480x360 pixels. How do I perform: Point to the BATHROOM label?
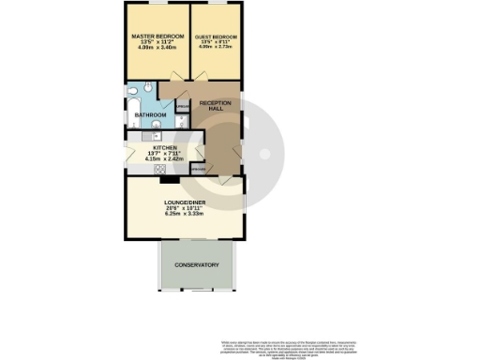point(151,115)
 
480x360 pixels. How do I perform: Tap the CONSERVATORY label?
point(197,265)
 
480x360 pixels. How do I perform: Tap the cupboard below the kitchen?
point(198,169)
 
